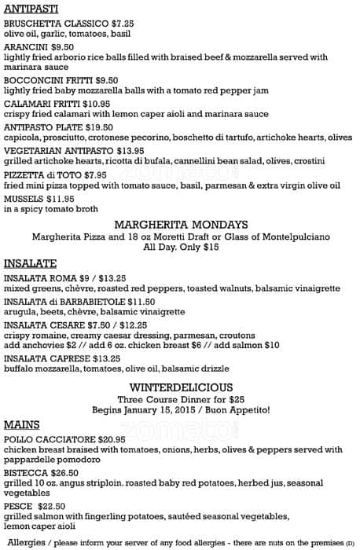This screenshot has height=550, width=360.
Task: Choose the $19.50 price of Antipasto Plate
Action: coord(99,126)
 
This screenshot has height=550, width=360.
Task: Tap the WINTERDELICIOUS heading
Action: coord(181,387)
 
